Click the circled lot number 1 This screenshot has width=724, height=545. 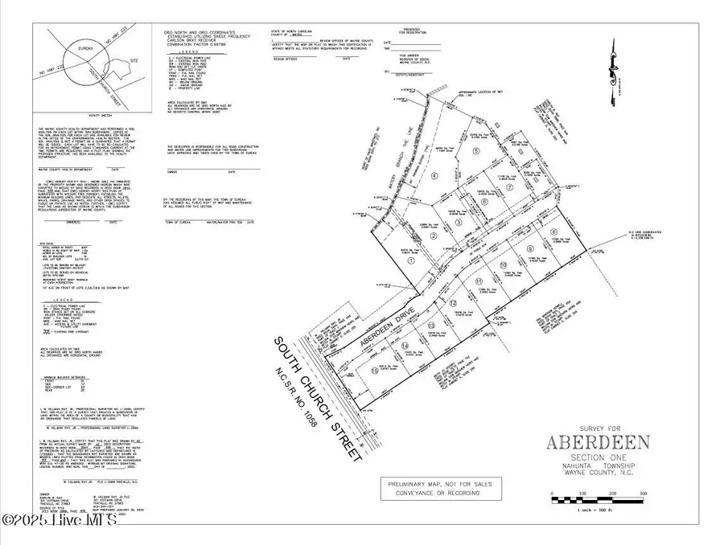pos(411,260)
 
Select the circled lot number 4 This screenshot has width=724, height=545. pos(434,175)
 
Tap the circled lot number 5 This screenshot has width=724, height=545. pos(476,150)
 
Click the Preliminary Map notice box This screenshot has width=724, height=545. pos(441,488)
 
